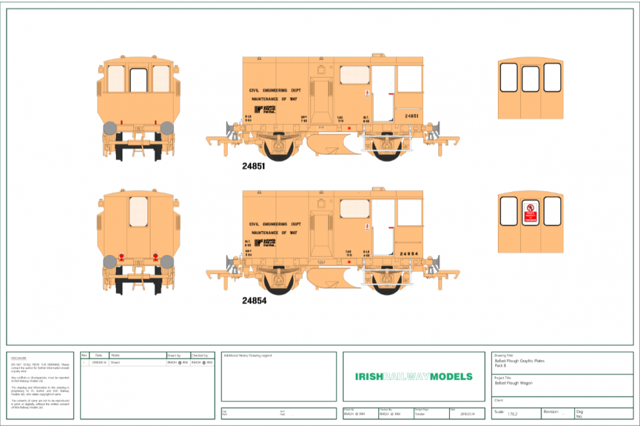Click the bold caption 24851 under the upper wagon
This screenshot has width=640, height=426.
pos(253,165)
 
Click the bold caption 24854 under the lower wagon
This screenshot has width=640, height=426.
pos(253,300)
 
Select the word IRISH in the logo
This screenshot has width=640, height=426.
pos(369,376)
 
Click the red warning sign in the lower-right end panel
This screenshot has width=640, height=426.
pos(530,212)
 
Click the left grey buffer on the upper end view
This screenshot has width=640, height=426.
pos(110,127)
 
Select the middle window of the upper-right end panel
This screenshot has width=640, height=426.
pos(531,77)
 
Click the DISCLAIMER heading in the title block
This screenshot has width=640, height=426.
pos(18,358)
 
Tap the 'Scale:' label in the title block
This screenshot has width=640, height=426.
pos(499,413)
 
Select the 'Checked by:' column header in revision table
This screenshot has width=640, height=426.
pos(200,355)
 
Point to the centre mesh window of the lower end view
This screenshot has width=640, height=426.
pos(139,212)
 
